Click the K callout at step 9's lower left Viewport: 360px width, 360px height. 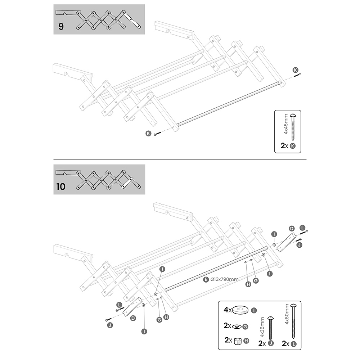pyautogui.click(x=148, y=133)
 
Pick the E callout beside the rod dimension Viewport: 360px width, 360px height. pyautogui.click(x=206, y=279)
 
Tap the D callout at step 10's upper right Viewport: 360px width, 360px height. pyautogui.click(x=292, y=228)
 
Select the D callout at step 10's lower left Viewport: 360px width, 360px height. pyautogui.click(x=133, y=318)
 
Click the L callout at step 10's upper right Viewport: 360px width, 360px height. pyautogui.click(x=302, y=228)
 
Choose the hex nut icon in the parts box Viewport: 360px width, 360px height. pyautogui.click(x=238, y=341)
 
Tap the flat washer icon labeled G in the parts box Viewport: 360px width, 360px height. pyautogui.click(x=238, y=326)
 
